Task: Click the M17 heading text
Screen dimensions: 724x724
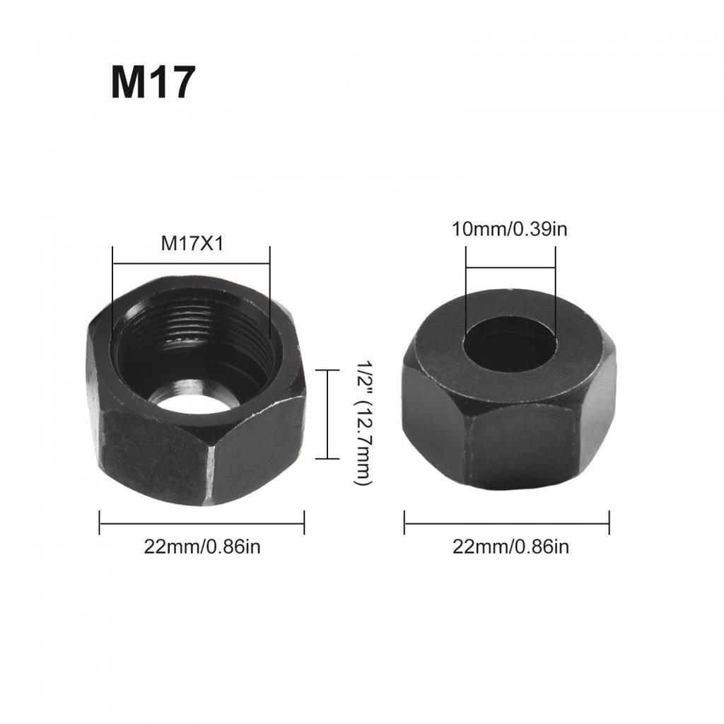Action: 152,83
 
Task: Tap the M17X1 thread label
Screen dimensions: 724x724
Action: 191,243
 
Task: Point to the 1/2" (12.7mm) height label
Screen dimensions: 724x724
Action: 363,422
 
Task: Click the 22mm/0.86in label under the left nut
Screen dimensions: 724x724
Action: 202,547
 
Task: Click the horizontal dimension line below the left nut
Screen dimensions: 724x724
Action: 202,523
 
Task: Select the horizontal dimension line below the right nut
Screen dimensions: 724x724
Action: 506,523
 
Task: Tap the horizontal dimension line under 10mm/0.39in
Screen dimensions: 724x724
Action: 510,268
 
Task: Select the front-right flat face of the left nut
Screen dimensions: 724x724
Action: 258,445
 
